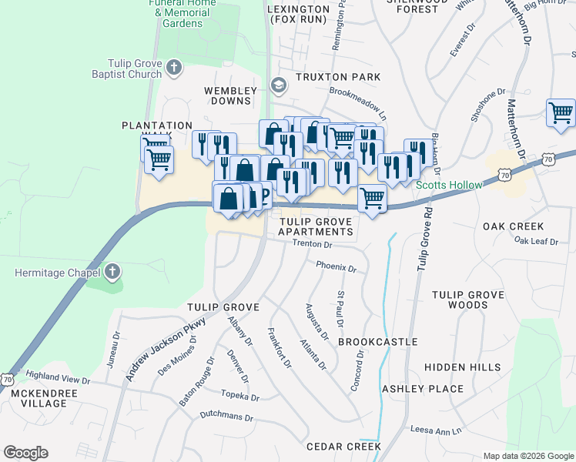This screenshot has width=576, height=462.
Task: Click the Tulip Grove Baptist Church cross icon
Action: pos(174,69)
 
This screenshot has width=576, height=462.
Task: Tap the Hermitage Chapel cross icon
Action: pos(112,272)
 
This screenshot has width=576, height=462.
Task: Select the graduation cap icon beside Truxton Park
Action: pos(277,84)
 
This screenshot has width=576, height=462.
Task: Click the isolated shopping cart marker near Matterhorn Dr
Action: pos(561,113)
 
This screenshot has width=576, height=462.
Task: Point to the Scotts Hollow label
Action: pos(449,185)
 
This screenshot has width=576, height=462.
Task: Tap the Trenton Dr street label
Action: pos(312,245)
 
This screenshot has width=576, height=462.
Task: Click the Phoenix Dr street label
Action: pos(337,269)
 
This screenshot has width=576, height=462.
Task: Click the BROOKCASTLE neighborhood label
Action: pos(377,341)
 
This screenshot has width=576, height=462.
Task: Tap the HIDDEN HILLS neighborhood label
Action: pos(462,368)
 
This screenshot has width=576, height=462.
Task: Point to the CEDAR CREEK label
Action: pos(343,447)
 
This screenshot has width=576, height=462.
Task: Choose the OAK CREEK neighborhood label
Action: pos(513,226)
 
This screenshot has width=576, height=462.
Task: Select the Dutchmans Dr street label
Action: pos(226,417)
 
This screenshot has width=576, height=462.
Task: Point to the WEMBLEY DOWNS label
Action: pos(228,95)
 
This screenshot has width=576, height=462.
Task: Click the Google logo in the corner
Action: pos(25,453)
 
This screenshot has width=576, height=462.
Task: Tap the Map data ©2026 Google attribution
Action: pos(527,455)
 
